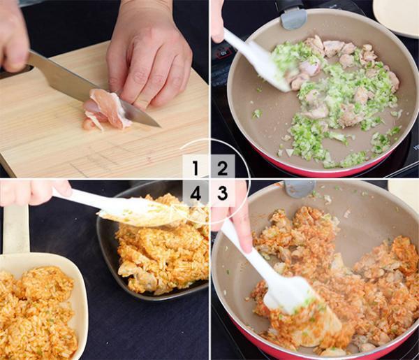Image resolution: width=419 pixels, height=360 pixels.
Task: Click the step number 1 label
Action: click(x=196, y=168)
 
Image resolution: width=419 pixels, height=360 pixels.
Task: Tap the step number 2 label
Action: click(x=222, y=168)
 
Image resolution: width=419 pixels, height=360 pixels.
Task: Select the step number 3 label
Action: click(x=222, y=193)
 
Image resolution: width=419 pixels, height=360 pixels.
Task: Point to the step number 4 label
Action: click(x=196, y=193)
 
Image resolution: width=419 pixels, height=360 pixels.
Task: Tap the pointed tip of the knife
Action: click(x=161, y=127)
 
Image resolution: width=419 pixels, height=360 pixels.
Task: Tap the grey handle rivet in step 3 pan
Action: click(x=300, y=188)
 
